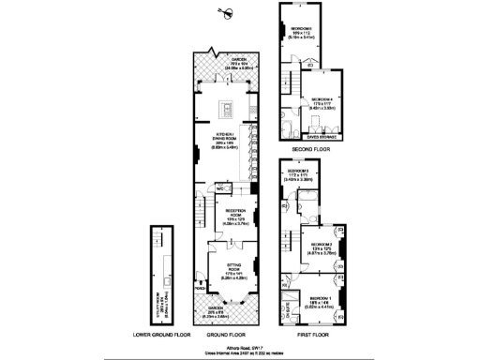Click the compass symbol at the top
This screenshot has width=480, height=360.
(226, 12)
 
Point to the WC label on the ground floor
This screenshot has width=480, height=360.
(217, 187)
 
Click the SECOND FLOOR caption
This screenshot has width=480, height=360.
(310, 149)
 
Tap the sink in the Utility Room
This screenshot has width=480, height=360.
(161, 281)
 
